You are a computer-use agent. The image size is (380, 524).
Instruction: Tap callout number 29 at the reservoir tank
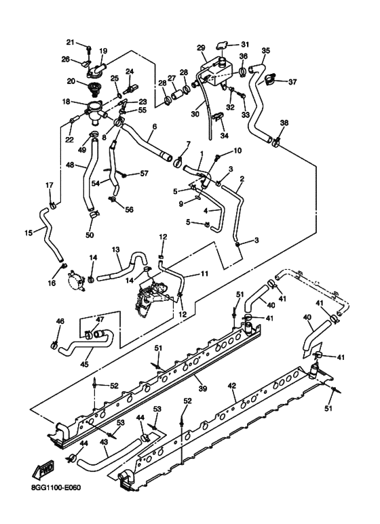pyautogui.click(x=201, y=47)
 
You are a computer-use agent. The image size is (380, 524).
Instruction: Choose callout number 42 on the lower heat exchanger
pyautogui.click(x=231, y=386)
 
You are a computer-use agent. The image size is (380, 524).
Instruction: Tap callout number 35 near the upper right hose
pyautogui.click(x=265, y=50)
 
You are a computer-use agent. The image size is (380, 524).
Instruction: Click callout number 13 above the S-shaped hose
pyautogui.click(x=116, y=249)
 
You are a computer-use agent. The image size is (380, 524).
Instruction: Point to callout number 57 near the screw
pyautogui.click(x=144, y=174)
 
